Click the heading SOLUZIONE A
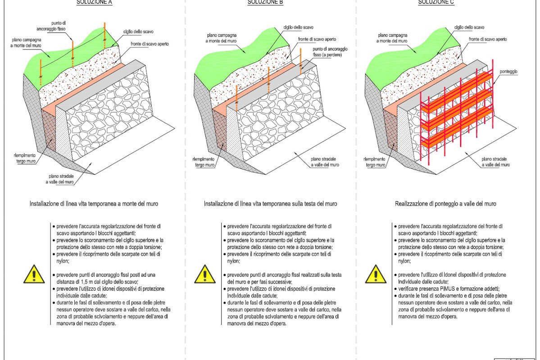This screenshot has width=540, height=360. [x=94, y=2]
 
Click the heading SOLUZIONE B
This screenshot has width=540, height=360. [x=265, y=2]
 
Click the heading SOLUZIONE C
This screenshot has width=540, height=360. [x=436, y=2]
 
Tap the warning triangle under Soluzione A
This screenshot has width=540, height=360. [x=33, y=274]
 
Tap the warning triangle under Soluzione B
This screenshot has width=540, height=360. [x=204, y=274]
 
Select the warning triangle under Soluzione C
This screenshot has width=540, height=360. [x=374, y=274]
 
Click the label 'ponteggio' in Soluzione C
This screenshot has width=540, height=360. [x=508, y=72]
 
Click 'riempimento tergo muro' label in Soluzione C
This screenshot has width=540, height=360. [x=374, y=162]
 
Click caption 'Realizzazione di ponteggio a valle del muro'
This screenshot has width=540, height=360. [x=445, y=204]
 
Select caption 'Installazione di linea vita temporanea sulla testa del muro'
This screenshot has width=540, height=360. [x=270, y=204]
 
